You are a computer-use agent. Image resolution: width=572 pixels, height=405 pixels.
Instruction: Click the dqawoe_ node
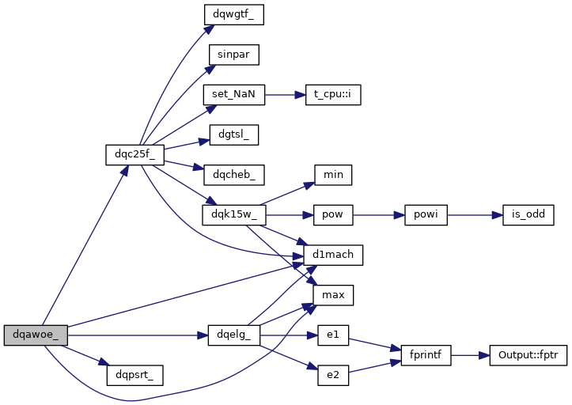point(36,335)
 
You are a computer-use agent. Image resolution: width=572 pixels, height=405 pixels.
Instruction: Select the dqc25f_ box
point(129,153)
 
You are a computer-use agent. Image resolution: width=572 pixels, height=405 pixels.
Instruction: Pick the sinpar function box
point(233,55)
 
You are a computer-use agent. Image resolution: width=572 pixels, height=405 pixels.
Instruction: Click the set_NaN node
point(233,94)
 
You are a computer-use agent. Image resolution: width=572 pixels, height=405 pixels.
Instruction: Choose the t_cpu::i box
point(332,94)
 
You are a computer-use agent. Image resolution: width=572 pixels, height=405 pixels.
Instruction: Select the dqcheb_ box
point(233,172)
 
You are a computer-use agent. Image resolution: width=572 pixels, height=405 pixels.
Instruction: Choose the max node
point(332,295)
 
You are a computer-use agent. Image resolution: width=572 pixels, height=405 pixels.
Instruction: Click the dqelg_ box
point(233,335)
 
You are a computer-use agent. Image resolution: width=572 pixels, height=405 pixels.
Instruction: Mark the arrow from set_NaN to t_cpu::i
point(285,94)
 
